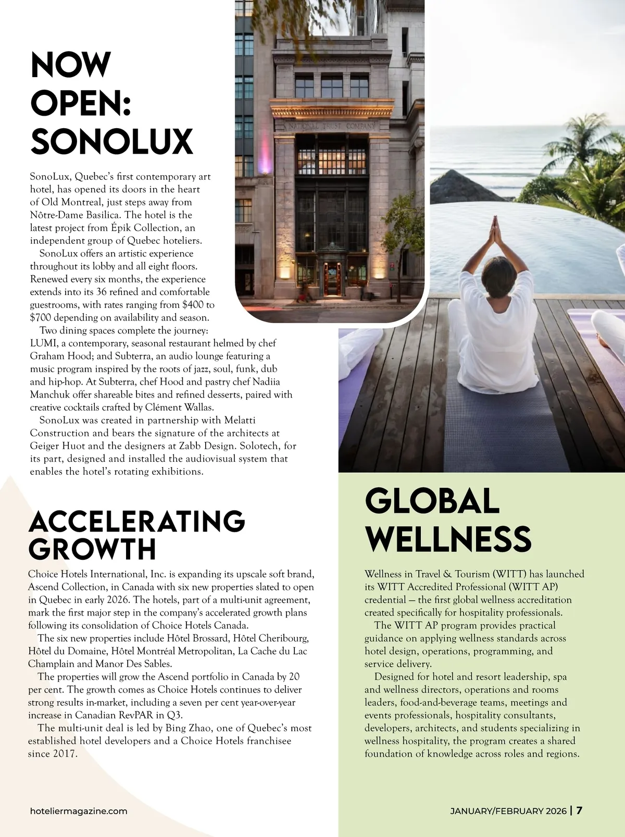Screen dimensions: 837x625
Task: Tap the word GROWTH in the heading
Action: [92, 548]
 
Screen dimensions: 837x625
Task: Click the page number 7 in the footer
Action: [579, 810]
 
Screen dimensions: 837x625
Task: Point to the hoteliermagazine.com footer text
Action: [79, 811]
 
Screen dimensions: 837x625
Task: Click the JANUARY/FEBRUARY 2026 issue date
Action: [508, 811]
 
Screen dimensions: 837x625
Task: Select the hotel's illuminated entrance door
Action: [331, 279]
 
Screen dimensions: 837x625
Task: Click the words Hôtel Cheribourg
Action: [271, 638]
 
